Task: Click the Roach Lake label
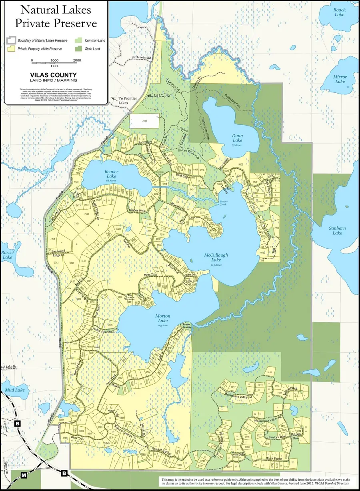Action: pos(339,12)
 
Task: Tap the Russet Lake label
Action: pos(7,255)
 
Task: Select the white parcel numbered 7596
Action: pos(144,120)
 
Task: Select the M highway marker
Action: pos(24,475)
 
